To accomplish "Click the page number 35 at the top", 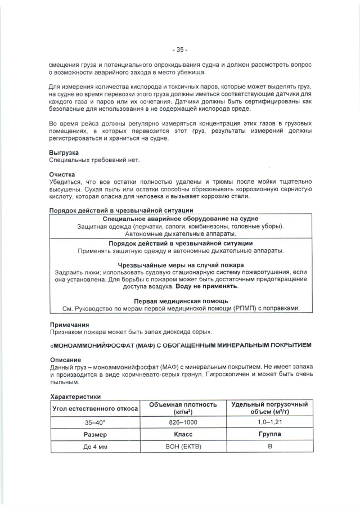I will [180, 48].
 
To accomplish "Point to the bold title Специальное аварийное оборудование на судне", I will [181, 218].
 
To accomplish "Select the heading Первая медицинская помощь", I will [181, 301].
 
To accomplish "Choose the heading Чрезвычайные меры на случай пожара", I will [181, 264].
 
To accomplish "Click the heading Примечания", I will [69, 325].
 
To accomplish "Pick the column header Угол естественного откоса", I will [95, 408].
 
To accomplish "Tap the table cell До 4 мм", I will [95, 447].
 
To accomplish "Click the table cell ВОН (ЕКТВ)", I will [182, 447].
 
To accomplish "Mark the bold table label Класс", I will [182, 435].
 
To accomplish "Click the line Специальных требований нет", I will [93, 160].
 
